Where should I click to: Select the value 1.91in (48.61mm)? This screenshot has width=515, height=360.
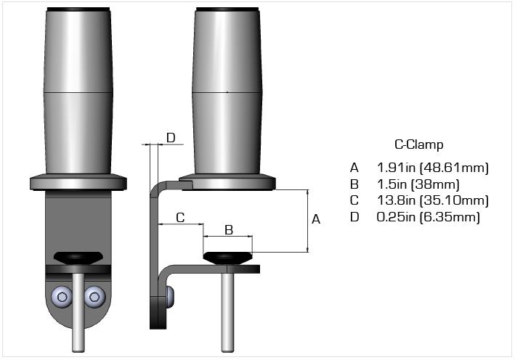point(433,168)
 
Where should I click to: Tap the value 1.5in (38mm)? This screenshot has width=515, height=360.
point(418,184)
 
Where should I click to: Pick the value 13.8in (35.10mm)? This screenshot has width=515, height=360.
point(433,200)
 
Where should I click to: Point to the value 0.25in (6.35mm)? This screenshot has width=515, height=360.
point(429,216)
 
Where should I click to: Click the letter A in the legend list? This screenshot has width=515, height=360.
point(354,168)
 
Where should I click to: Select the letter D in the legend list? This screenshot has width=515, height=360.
point(354,216)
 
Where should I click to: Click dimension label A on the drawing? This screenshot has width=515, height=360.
point(316,219)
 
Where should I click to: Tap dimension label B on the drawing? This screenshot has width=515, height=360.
point(228,230)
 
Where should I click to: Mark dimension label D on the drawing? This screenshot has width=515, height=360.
point(171,137)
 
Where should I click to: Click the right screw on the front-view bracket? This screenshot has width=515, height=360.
point(93,295)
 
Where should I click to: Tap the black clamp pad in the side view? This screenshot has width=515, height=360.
point(227,257)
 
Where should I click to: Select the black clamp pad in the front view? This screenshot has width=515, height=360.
point(78,257)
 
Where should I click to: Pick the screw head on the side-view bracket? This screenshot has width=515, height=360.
point(171,295)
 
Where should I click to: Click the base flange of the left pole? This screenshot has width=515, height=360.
point(78,182)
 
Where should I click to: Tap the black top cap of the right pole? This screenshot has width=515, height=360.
point(227,9)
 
